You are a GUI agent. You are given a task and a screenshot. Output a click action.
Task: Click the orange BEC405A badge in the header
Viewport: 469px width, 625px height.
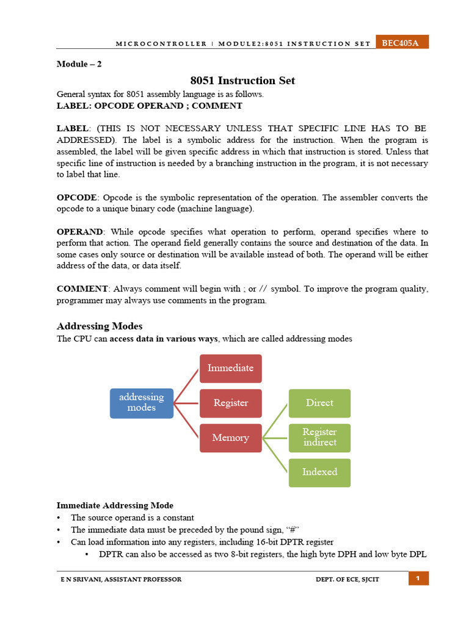pos(401,42)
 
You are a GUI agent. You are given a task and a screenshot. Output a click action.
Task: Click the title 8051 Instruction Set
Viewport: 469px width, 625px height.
pos(242,81)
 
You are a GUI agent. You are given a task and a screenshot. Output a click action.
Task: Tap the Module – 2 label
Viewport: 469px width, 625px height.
pos(79,64)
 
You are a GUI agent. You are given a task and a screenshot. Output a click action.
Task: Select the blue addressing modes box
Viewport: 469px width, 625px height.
pos(142,403)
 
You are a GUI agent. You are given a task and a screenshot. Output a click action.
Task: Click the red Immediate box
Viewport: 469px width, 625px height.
pos(231,368)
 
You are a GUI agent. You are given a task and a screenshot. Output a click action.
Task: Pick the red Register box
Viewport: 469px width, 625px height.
pos(231,403)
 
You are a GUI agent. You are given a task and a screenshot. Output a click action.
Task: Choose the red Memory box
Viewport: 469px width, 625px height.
pos(231,438)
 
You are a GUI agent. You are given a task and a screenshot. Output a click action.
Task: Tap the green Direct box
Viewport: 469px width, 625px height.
pos(319,403)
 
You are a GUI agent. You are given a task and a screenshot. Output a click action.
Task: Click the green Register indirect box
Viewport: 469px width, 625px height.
pos(319,438)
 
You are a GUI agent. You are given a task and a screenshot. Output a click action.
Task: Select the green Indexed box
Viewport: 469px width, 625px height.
pos(319,472)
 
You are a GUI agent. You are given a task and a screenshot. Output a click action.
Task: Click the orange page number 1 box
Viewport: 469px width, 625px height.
pos(418,579)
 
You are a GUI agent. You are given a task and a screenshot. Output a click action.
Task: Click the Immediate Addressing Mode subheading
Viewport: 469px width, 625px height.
pos(115,505)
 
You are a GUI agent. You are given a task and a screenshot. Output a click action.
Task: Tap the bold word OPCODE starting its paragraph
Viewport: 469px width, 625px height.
pos(76,198)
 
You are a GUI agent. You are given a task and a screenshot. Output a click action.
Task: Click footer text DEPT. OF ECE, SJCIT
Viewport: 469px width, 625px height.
pos(343,579)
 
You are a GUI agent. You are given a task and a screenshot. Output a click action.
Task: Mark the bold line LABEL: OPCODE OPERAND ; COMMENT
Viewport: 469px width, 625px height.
pos(149,106)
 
